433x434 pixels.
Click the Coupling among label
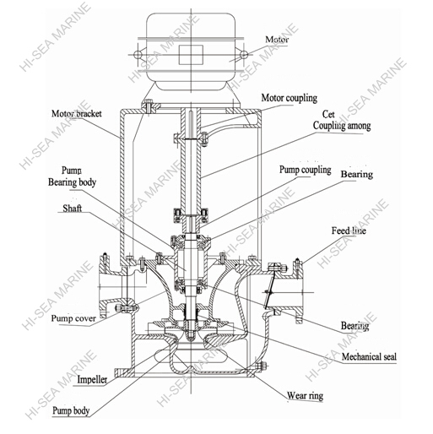coord(342,126)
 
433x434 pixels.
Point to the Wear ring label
coord(310,395)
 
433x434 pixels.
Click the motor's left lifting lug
coord(138,53)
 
